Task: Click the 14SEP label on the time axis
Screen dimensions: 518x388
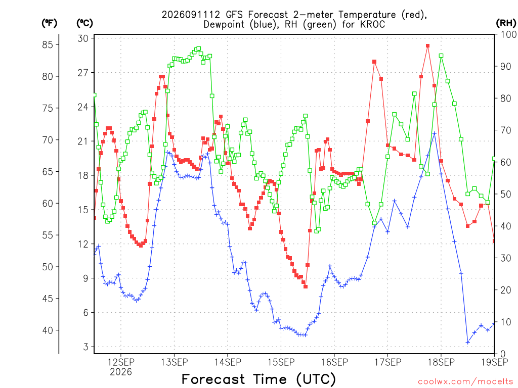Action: coord(228,362)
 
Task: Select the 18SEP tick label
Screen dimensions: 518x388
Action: coord(441,362)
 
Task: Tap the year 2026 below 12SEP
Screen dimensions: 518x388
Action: coord(120,372)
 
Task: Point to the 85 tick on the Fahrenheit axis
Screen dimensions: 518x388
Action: coord(48,44)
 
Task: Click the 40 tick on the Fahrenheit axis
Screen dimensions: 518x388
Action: coord(48,330)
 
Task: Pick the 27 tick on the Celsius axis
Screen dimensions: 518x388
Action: coord(83,73)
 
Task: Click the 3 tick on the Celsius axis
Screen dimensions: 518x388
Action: coord(86,347)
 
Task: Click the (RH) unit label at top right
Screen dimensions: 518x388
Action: coord(506,23)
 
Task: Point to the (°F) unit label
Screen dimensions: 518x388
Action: coord(49,23)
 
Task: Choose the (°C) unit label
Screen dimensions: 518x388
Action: coord(84,23)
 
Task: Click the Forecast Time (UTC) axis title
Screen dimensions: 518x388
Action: coord(258,379)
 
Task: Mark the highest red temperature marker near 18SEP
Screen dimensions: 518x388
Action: coord(428,46)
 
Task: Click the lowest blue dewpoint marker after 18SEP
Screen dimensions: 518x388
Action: coord(468,343)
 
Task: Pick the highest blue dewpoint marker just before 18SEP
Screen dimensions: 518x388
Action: coord(435,133)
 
